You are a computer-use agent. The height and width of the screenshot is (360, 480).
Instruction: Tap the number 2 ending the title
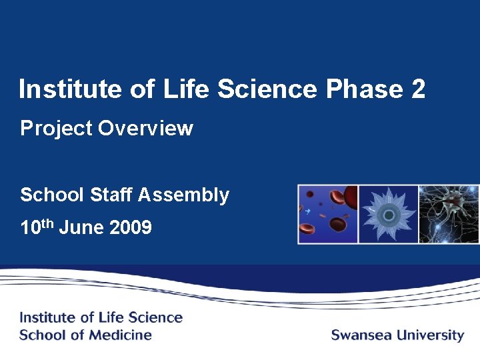418,89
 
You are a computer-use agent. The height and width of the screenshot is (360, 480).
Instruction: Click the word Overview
145,128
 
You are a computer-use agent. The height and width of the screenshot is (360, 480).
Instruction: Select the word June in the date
82,228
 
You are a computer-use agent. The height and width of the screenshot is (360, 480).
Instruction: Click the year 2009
130,228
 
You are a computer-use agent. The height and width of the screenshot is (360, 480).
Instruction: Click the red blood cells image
328,214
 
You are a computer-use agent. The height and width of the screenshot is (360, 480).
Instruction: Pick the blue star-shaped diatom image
388,214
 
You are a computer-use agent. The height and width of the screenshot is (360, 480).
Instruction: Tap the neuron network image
449,214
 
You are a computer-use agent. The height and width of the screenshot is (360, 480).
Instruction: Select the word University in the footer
430,335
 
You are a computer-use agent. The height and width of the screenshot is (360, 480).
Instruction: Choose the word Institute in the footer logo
47,317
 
